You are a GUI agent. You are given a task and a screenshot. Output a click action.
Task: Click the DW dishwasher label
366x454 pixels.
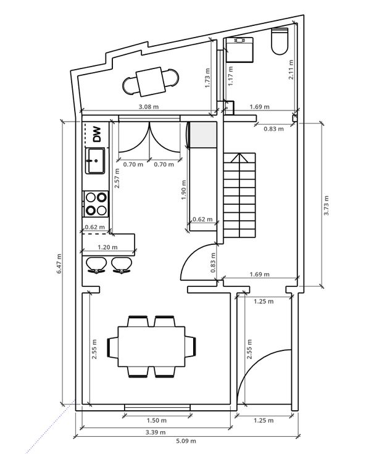point(97,134)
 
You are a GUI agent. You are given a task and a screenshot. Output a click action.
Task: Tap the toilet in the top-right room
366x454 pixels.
point(280,41)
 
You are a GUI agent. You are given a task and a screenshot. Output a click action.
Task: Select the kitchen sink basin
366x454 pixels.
point(95,161)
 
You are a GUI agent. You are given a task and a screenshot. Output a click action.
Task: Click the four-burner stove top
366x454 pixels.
point(96,204)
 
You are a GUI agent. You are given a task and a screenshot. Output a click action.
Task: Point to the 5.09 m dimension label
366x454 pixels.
point(186,441)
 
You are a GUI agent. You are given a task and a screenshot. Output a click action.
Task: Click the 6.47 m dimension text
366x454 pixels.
point(59,263)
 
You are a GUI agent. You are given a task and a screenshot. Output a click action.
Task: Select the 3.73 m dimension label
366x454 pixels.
point(326,205)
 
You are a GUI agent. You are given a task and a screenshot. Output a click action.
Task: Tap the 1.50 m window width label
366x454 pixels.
point(157,420)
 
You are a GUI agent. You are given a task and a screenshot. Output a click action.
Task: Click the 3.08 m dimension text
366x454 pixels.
point(149,107)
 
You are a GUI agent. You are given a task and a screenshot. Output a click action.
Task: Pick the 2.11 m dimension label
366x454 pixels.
point(291,70)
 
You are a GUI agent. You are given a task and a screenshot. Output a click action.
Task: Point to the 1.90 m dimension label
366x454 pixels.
point(183,190)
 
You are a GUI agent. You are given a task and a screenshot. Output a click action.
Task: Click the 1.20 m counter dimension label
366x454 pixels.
point(107,247)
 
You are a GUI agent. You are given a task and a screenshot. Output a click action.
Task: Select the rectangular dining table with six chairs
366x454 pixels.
point(152,347)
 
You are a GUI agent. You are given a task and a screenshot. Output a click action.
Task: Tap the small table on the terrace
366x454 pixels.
point(151,81)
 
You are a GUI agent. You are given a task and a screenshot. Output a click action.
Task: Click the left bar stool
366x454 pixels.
point(96,265)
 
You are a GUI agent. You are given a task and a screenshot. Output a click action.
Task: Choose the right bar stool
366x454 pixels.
point(122,265)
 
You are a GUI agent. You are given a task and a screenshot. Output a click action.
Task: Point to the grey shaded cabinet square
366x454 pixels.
point(203,135)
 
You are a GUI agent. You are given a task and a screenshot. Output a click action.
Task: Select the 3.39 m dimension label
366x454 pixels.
point(156,432)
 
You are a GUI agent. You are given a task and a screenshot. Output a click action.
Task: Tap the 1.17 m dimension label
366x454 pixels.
point(230,76)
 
